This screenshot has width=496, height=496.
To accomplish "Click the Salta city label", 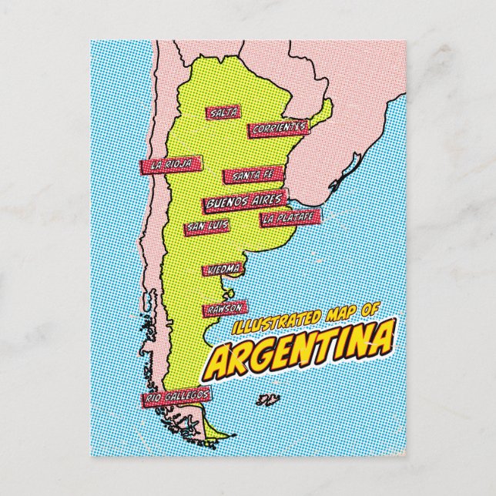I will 223,113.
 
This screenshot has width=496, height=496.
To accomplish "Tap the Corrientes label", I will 278,128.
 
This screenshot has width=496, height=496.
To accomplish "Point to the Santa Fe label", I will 247,176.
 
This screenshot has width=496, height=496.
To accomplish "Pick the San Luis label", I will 206,227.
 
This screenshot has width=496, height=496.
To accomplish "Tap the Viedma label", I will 223,270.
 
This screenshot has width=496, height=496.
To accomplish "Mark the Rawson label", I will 224,308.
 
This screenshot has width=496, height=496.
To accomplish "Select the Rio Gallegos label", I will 176,396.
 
